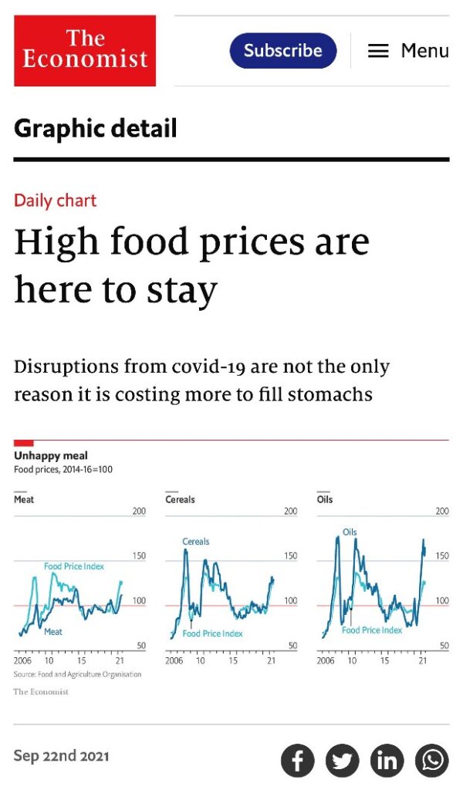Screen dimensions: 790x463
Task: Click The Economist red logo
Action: pyautogui.click(x=85, y=50)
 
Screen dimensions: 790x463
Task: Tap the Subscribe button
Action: pyautogui.click(x=283, y=51)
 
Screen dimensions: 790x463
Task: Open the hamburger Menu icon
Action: pyautogui.click(x=378, y=51)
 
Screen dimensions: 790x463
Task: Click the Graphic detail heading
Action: pyautogui.click(x=95, y=128)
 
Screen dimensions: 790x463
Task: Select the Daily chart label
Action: pyautogui.click(x=55, y=201)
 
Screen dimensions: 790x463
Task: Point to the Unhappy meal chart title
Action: pyautogui.click(x=50, y=456)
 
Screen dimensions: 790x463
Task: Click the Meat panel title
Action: pyautogui.click(x=24, y=499)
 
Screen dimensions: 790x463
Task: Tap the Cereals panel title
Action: pyautogui.click(x=180, y=499)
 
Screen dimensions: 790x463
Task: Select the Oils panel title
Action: pyautogui.click(x=325, y=499)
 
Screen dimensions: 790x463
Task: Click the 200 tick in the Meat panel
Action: pyautogui.click(x=139, y=511)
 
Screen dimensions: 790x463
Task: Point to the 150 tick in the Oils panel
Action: pyautogui.click(x=442, y=555)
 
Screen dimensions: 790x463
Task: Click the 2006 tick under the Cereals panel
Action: pyautogui.click(x=174, y=661)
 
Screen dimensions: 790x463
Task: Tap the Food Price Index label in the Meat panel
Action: pyautogui.click(x=74, y=566)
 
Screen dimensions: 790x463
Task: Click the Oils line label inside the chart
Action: pyautogui.click(x=350, y=532)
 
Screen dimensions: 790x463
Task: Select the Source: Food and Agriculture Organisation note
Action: pyautogui.click(x=77, y=674)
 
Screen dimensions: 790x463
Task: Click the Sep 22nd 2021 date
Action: pyautogui.click(x=61, y=756)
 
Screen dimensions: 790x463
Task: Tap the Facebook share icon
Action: pyautogui.click(x=298, y=761)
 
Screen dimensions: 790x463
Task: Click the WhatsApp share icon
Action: pyautogui.click(x=432, y=761)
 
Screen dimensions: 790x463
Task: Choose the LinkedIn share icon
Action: pyautogui.click(x=387, y=761)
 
